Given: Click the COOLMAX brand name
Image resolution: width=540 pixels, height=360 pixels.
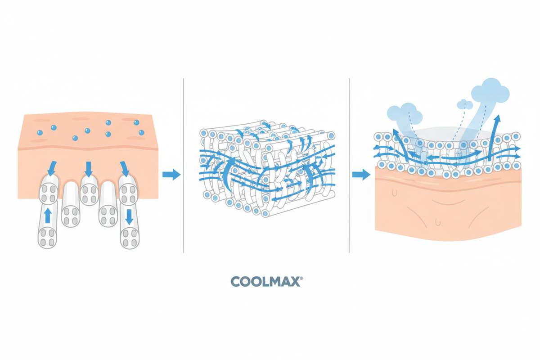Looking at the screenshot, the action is [x=265, y=281].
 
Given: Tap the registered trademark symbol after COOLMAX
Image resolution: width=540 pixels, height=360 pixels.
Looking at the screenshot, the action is [x=301, y=278].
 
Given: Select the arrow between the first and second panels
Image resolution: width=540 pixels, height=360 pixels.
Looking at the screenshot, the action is [x=171, y=174].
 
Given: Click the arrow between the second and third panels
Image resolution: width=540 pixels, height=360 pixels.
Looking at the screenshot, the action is [x=361, y=174].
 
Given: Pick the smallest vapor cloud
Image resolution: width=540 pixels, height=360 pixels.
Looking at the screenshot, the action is [x=465, y=104].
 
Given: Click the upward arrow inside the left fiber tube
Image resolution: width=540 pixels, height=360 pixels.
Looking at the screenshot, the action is [x=48, y=216].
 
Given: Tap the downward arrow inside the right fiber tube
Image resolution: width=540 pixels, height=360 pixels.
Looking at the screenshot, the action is [x=129, y=217].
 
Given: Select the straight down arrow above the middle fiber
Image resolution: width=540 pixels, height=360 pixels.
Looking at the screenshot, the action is [x=89, y=169].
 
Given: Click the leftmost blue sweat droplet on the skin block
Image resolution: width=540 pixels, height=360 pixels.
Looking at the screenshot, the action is [x=40, y=132].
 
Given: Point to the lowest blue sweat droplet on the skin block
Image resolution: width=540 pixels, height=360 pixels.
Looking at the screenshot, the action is [x=75, y=138].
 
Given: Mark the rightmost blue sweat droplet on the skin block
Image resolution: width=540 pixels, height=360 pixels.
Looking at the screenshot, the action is [x=141, y=132].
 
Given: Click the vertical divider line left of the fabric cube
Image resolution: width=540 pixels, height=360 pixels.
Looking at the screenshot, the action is [x=184, y=166].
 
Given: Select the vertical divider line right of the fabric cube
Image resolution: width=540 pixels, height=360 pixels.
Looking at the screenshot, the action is [x=349, y=166].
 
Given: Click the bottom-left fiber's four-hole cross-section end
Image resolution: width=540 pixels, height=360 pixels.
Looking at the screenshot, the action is [x=47, y=238].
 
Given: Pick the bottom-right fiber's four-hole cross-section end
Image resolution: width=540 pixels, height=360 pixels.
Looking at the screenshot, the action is [x=130, y=238].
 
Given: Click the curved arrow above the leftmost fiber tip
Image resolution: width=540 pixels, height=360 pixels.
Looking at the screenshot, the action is [x=52, y=168].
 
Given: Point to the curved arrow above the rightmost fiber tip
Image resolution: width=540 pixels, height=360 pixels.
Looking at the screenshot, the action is [x=125, y=169].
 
